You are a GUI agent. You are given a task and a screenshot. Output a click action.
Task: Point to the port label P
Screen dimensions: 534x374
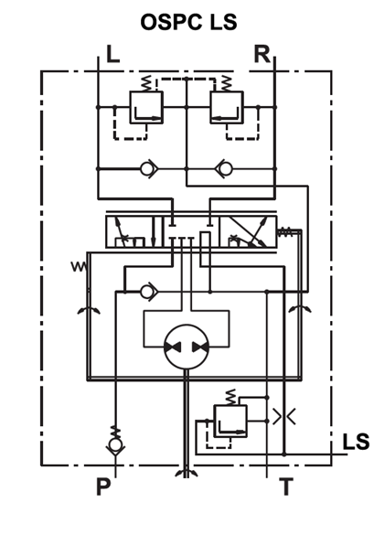pyautogui.click(x=102, y=486)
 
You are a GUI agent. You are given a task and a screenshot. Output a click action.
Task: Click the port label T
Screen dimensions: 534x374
pyautogui.click(x=286, y=486)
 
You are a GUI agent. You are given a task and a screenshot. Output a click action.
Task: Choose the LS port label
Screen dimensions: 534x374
pyautogui.click(x=355, y=443)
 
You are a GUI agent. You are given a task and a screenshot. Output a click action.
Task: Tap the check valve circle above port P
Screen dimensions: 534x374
pyautogui.click(x=114, y=446)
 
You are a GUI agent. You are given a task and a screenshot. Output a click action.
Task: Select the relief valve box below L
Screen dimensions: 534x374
pyautogui.click(x=147, y=107)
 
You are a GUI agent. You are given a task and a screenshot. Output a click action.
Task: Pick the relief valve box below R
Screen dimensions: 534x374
pyautogui.click(x=226, y=107)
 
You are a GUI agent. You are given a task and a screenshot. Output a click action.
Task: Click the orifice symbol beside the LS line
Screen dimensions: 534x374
pyautogui.click(x=283, y=416)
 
